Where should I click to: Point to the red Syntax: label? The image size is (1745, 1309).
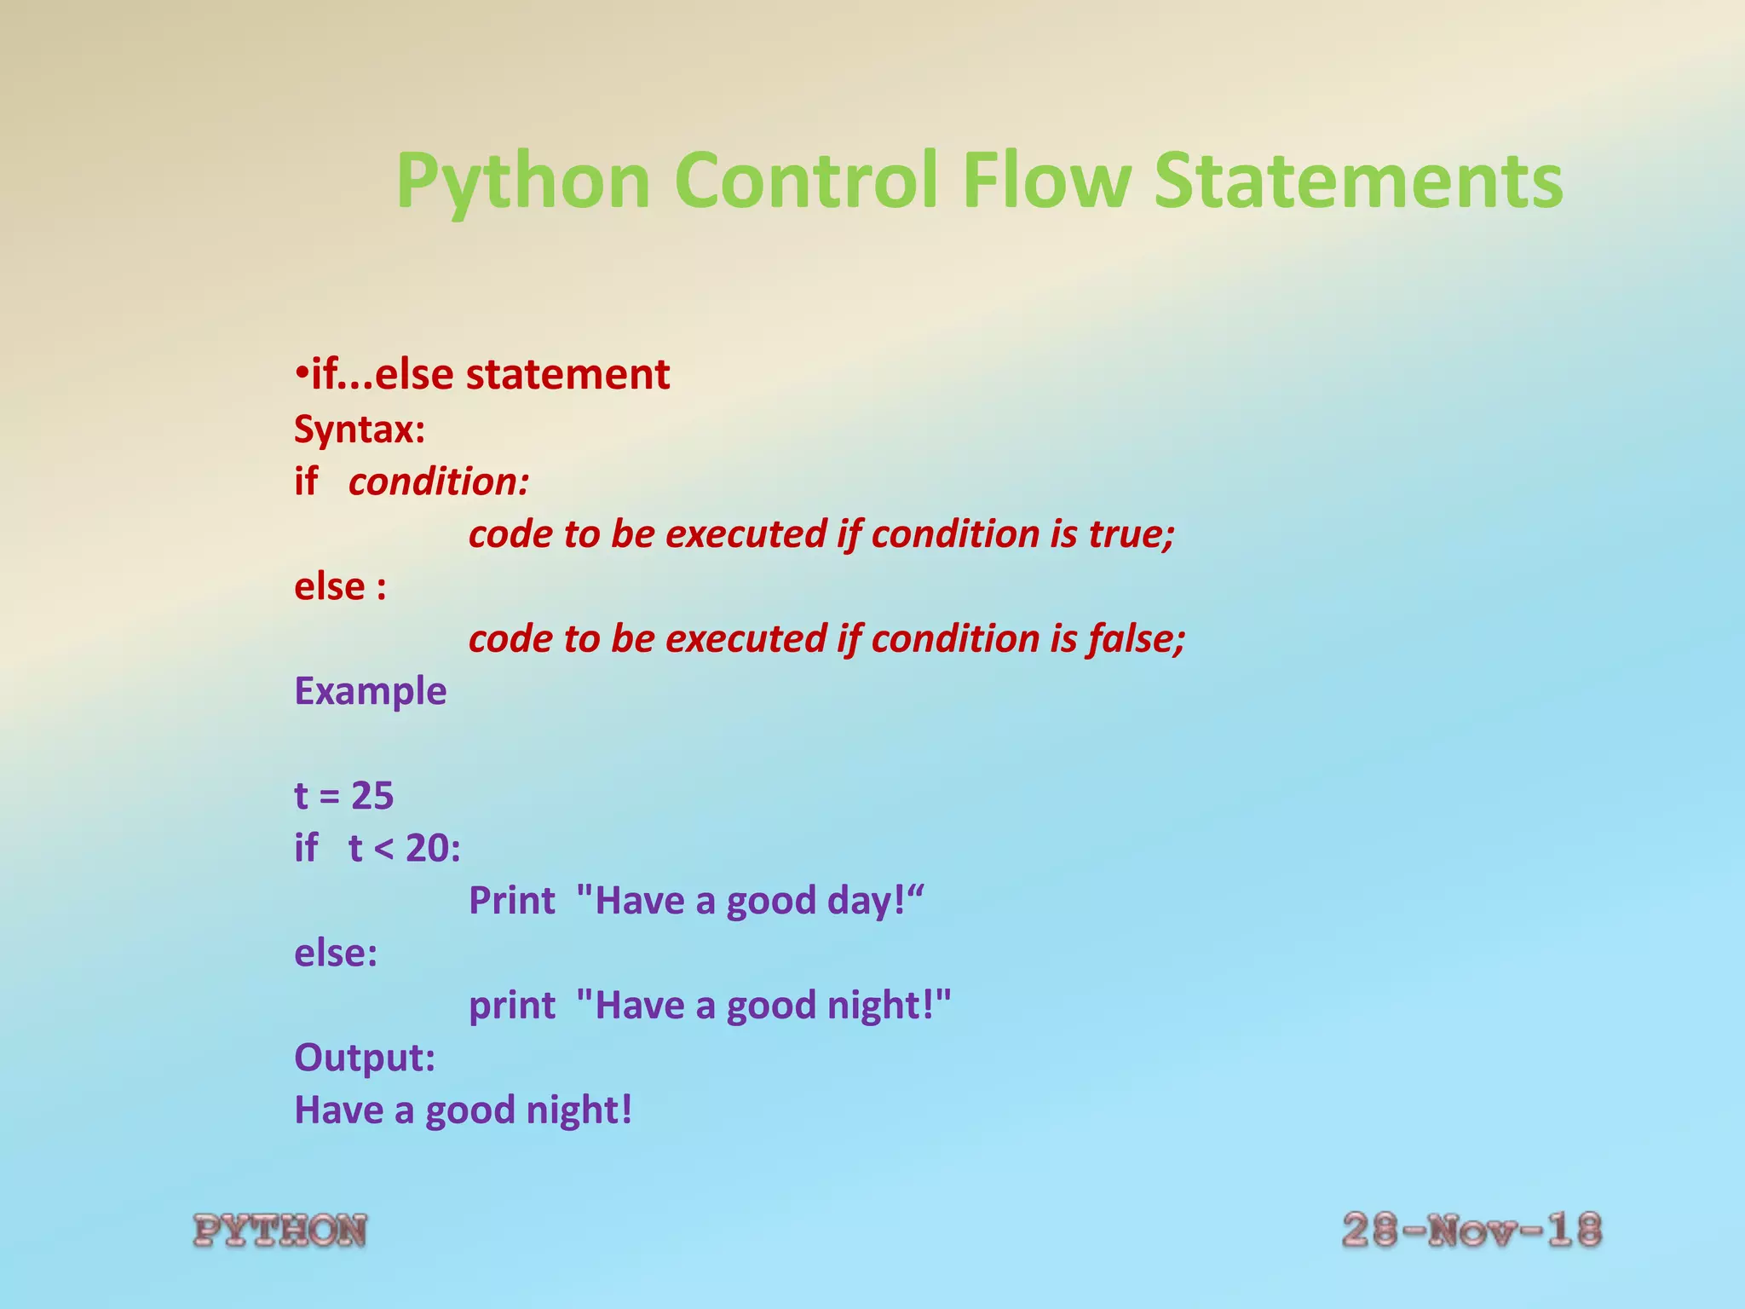pos(359,429)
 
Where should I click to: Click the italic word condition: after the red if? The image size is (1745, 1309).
pos(439,482)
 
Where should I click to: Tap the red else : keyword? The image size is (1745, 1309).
pos(340,587)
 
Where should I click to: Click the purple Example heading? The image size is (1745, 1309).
pos(370,691)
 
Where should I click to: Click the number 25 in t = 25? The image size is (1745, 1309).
pos(372,796)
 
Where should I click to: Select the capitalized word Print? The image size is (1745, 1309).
pos(511,901)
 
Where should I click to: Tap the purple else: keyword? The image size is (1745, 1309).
pos(336,953)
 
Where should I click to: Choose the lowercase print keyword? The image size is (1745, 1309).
pos(511,1006)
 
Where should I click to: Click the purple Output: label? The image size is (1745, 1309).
pos(365,1058)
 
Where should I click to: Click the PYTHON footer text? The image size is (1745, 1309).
pos(280,1231)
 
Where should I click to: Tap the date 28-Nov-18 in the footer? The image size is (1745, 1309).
pos(1471,1231)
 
